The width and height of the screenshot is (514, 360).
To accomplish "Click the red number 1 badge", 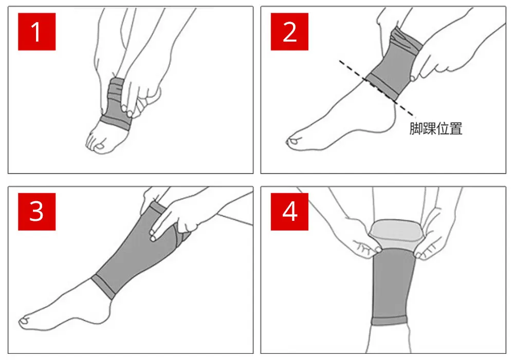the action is pyautogui.click(x=36, y=32).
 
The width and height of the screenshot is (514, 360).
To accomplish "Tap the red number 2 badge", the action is pyautogui.click(x=289, y=32).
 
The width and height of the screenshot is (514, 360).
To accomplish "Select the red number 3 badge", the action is pyautogui.click(x=36, y=212).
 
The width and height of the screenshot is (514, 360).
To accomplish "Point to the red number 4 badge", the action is pyautogui.click(x=289, y=212).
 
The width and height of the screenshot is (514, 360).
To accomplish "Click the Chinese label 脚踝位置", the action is pyautogui.click(x=436, y=129).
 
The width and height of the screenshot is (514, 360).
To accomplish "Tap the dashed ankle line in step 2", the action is pyautogui.click(x=377, y=88).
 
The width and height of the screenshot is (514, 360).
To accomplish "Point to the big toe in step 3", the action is pyautogui.click(x=25, y=321).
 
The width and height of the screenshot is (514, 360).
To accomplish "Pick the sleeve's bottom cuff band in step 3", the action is pyautogui.click(x=103, y=287).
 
